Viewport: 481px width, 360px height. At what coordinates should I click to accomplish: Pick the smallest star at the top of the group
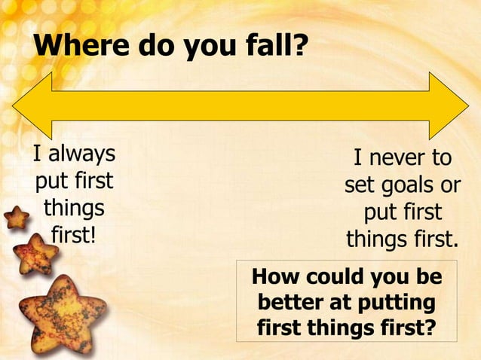click(x=16, y=218)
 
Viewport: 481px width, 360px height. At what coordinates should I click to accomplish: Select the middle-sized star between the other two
click(x=35, y=254)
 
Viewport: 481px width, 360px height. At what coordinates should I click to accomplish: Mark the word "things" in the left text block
click(x=74, y=208)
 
